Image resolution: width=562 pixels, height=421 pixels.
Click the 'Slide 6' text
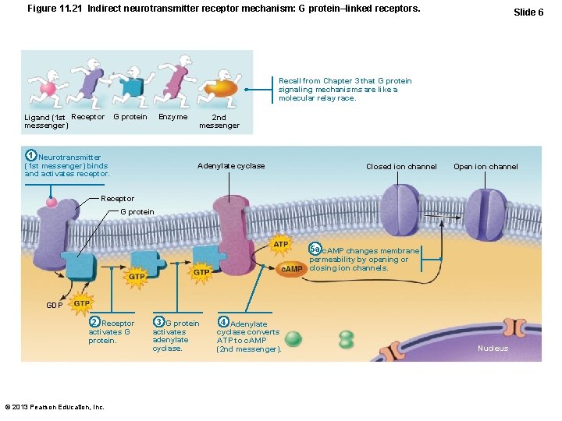(x=528, y=12)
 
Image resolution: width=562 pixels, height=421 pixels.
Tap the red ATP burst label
(x=280, y=245)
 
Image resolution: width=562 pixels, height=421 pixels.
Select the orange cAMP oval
(x=292, y=269)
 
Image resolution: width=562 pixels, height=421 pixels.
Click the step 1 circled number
(x=30, y=154)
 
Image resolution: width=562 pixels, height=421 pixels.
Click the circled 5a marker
(x=315, y=248)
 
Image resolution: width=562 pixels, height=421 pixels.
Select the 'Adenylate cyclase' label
(x=231, y=166)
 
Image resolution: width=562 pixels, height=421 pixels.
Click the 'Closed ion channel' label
(x=401, y=167)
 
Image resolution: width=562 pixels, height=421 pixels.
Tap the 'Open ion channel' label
(x=486, y=167)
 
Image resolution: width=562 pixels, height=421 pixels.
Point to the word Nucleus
(x=493, y=348)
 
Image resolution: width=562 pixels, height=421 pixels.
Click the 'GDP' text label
(x=55, y=306)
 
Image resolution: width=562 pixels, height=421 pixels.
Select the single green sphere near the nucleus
(x=293, y=339)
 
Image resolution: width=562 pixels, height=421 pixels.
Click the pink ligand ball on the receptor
(x=52, y=203)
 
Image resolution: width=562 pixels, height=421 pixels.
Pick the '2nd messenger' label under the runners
(x=219, y=122)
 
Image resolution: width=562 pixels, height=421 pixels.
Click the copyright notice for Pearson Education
(x=55, y=407)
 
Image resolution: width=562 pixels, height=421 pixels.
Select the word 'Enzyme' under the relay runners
(x=173, y=117)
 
